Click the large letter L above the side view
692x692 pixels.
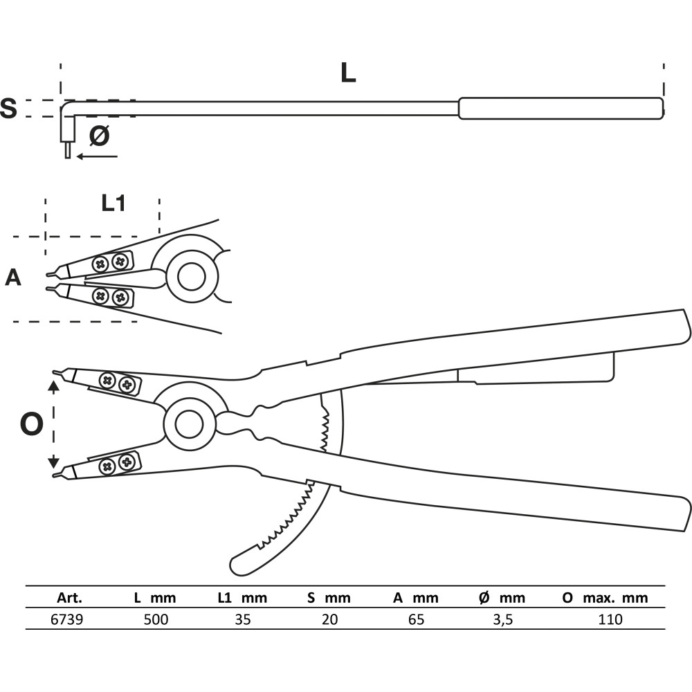[348, 73]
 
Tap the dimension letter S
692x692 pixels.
[8, 108]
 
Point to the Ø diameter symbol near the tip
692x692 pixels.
[99, 136]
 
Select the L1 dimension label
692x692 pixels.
[113, 203]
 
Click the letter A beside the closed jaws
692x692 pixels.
[12, 278]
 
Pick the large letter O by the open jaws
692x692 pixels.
[32, 424]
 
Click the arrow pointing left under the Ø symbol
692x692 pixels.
[97, 156]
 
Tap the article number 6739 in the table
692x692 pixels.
[66, 619]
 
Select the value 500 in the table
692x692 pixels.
[156, 619]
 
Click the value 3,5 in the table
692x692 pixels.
[502, 619]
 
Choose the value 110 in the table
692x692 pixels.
[610, 619]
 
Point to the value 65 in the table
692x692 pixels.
[416, 619]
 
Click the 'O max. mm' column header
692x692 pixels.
[605, 598]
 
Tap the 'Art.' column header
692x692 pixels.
[69, 598]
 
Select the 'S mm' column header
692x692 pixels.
[329, 598]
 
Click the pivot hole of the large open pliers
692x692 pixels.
[190, 424]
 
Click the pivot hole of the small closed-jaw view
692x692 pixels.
[192, 277]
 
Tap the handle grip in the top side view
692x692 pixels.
[561, 109]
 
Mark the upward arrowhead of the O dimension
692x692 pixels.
[53, 388]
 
